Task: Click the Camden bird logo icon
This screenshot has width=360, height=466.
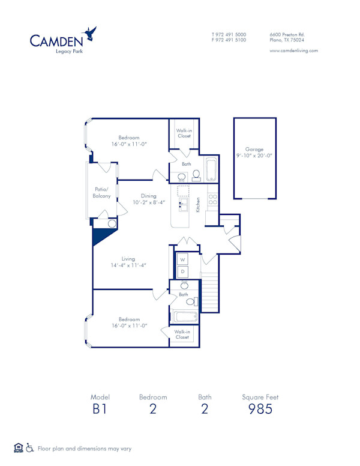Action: click(x=91, y=34)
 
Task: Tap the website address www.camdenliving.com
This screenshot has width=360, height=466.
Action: click(x=293, y=51)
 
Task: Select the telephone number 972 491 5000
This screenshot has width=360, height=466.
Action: click(x=231, y=34)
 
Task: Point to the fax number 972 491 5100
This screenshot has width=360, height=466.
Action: click(x=231, y=40)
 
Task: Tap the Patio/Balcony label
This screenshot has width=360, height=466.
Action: click(x=101, y=193)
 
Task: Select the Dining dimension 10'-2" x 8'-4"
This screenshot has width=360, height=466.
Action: click(x=149, y=202)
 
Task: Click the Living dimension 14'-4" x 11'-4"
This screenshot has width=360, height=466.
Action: click(x=128, y=265)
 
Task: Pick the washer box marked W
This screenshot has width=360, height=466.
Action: click(x=183, y=259)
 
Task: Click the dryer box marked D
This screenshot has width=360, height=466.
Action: click(x=183, y=272)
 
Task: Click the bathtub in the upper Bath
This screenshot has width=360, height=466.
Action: click(x=211, y=170)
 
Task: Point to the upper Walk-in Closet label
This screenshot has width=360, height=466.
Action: click(x=184, y=133)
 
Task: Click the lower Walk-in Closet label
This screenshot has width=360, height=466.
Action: click(x=182, y=334)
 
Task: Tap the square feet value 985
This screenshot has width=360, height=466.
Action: click(x=260, y=409)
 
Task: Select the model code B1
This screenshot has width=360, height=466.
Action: click(x=100, y=409)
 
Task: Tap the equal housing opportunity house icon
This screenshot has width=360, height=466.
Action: click(x=18, y=447)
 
